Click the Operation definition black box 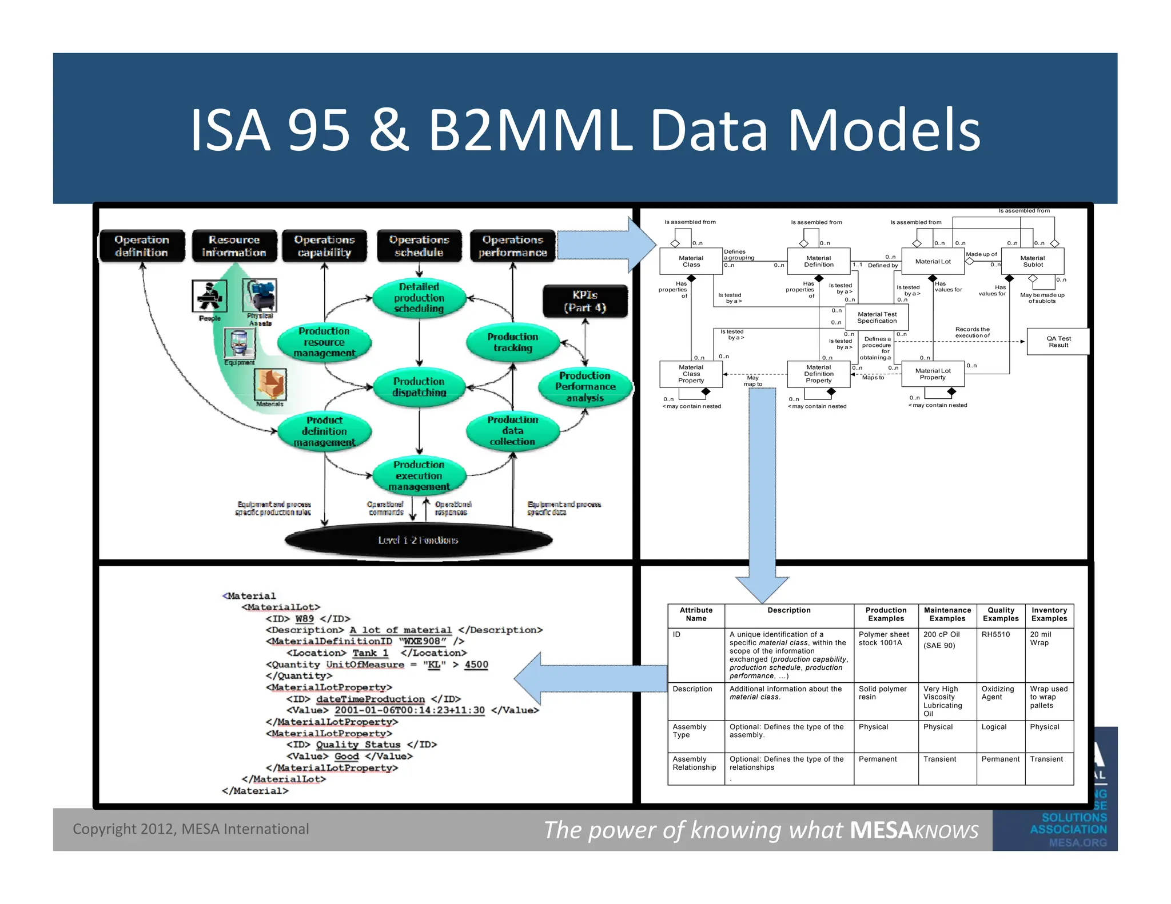pyautogui.click(x=142, y=246)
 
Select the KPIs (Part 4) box pyautogui.click(x=584, y=301)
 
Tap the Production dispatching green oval pyautogui.click(x=419, y=387)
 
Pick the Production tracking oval pyautogui.click(x=512, y=342)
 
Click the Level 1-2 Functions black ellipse pyautogui.click(x=418, y=540)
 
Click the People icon pyautogui.click(x=209, y=296)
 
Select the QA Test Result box pyautogui.click(x=1058, y=342)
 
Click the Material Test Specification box pyautogui.click(x=877, y=318)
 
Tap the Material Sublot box pyautogui.click(x=1033, y=261)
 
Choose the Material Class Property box pyautogui.click(x=691, y=374)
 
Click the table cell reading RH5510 pyautogui.click(x=995, y=634)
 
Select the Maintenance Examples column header pyautogui.click(x=947, y=614)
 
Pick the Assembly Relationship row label pyautogui.click(x=694, y=763)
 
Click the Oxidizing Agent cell pyautogui.click(x=998, y=693)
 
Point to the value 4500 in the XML pyautogui.click(x=476, y=665)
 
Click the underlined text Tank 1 pyautogui.click(x=370, y=653)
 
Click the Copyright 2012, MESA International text pyautogui.click(x=190, y=829)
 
